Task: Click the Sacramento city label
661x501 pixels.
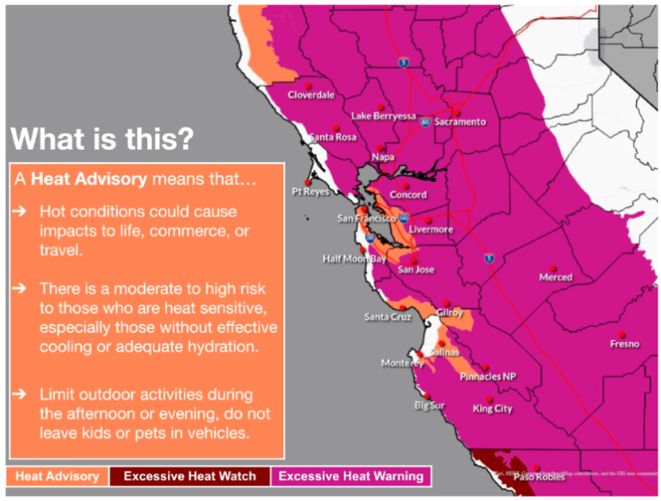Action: click(x=460, y=122)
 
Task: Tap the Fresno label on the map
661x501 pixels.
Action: click(x=624, y=344)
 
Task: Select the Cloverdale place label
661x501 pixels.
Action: click(x=311, y=95)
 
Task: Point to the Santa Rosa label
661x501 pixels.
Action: click(x=333, y=137)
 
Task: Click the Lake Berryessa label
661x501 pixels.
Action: click(x=383, y=115)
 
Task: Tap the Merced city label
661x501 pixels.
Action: click(x=555, y=278)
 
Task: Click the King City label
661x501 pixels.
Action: click(x=492, y=409)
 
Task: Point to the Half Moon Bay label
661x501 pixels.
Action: click(x=355, y=259)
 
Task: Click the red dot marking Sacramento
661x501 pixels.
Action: click(x=457, y=112)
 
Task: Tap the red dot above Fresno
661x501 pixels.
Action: click(x=623, y=332)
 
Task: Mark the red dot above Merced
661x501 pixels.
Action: click(x=553, y=266)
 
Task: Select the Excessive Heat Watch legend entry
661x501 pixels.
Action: click(x=189, y=476)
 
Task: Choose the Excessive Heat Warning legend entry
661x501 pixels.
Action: click(x=351, y=476)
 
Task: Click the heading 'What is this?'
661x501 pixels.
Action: click(x=102, y=138)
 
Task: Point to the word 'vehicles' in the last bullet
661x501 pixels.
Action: click(x=220, y=433)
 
